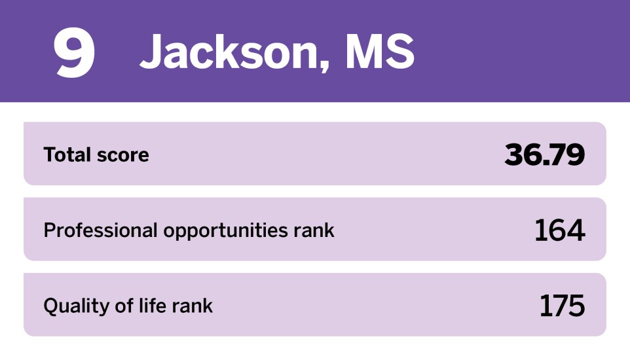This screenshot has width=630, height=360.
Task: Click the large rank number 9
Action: pyautogui.click(x=75, y=52)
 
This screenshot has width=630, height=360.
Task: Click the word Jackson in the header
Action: pyautogui.click(x=231, y=52)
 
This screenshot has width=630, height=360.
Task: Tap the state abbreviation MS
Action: pyautogui.click(x=380, y=52)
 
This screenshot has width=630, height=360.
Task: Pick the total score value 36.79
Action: pyautogui.click(x=544, y=154)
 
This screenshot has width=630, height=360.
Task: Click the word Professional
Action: pyautogui.click(x=100, y=230)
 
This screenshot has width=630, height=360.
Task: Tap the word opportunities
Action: pyautogui.click(x=225, y=231)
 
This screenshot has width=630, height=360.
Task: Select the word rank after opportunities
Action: pyautogui.click(x=314, y=230)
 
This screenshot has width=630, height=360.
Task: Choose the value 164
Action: pyautogui.click(x=560, y=230)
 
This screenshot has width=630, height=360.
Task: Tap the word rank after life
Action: pyautogui.click(x=192, y=306)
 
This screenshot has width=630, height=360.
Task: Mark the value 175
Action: pyautogui.click(x=562, y=306)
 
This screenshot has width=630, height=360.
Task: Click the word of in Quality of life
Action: pyautogui.click(x=124, y=306)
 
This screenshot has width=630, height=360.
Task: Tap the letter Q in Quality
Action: pyautogui.click(x=52, y=306)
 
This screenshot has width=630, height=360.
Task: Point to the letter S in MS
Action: pyautogui.click(x=399, y=52)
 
